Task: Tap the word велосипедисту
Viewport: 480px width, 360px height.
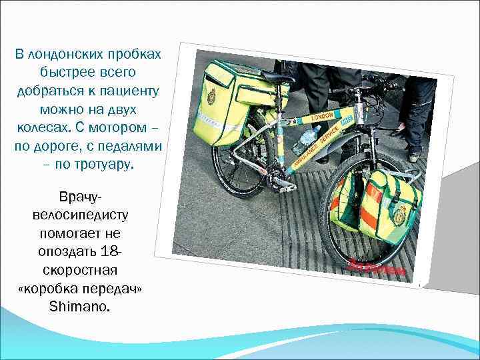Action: pyautogui.click(x=81, y=215)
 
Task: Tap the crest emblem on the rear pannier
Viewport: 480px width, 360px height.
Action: pyautogui.click(x=211, y=97)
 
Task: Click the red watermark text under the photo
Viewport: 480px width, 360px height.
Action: pyautogui.click(x=376, y=267)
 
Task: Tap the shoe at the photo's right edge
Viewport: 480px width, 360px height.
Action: pyautogui.click(x=414, y=157)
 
